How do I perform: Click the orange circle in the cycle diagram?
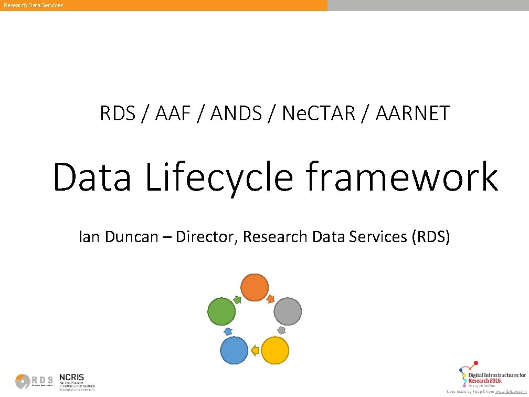tap(255, 287)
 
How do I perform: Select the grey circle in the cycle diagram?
tap(288, 311)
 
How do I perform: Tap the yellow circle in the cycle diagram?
tap(274, 350)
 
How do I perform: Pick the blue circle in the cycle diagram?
tap(234, 350)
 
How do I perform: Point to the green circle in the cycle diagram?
tap(221, 311)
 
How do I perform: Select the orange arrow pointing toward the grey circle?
tap(271, 299)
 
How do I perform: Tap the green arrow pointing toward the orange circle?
tap(237, 299)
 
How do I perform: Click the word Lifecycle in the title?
tap(218, 177)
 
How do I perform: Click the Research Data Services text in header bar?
tap(33, 5)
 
